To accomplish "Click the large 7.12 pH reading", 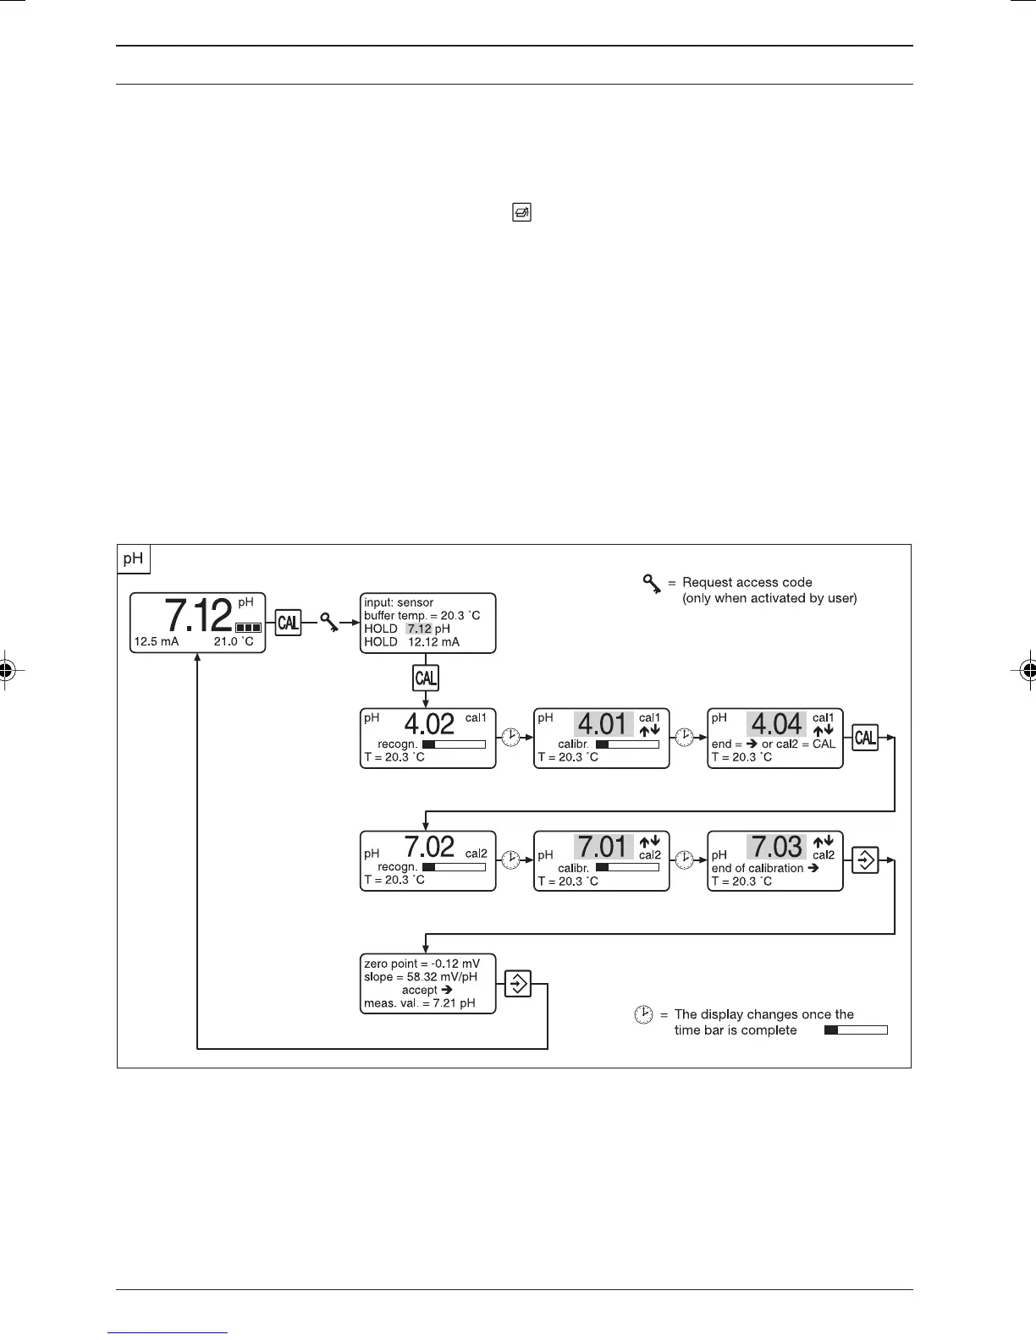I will click(x=198, y=615).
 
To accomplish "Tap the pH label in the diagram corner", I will click(x=133, y=559).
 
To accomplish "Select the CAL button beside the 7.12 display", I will click(x=288, y=623).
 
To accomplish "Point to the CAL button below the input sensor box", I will click(x=426, y=678).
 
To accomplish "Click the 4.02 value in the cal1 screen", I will click(x=429, y=724).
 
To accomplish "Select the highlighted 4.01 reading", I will click(x=603, y=725).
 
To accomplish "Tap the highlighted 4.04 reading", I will click(x=777, y=725).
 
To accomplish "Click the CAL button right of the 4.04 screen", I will click(x=865, y=738).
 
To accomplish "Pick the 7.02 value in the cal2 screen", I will click(x=429, y=847).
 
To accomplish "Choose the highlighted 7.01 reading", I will click(x=603, y=847).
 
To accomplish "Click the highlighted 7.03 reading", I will click(x=777, y=847).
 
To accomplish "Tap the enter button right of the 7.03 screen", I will click(x=865, y=860).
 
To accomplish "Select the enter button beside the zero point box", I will click(x=517, y=984).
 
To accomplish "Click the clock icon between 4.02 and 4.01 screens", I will click(x=511, y=738).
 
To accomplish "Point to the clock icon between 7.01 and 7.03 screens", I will click(x=685, y=860).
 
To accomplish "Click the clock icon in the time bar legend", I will click(x=644, y=1015).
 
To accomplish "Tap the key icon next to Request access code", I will click(x=651, y=584).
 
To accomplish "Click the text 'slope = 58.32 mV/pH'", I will click(x=421, y=977).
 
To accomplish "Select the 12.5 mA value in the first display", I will click(x=157, y=642).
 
